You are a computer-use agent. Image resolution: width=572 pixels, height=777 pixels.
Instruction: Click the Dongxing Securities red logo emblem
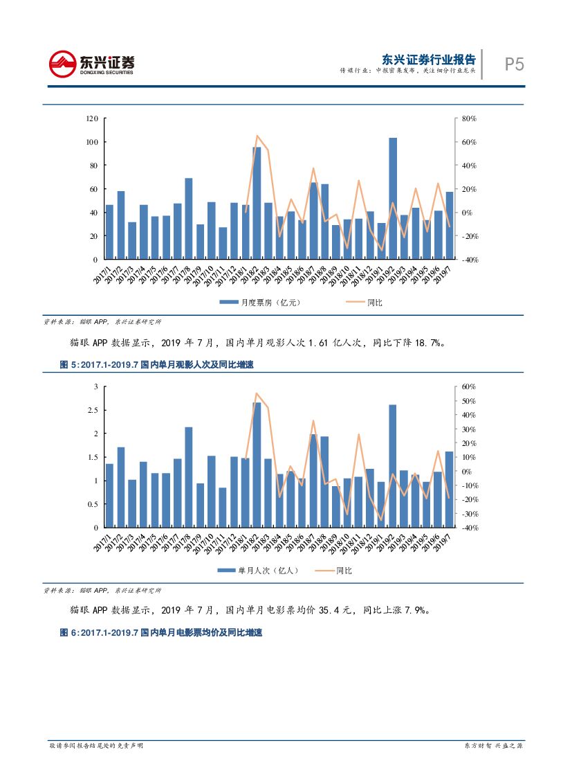(63, 64)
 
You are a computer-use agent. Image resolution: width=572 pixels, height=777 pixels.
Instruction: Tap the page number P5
(514, 64)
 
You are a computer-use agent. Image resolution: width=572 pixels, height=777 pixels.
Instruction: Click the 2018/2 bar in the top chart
(257, 203)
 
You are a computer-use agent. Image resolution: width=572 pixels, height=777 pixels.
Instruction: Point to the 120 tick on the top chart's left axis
(92, 118)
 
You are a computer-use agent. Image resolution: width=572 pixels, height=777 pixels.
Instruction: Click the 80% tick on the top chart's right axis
(470, 118)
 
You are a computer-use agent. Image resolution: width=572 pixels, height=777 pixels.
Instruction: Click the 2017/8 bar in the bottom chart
(188, 477)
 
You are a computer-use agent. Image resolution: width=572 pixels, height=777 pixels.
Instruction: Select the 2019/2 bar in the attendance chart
(393, 466)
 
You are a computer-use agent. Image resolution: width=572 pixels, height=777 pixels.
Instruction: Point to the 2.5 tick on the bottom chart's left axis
(93, 410)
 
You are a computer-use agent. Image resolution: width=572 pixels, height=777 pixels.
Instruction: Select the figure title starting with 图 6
(161, 633)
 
